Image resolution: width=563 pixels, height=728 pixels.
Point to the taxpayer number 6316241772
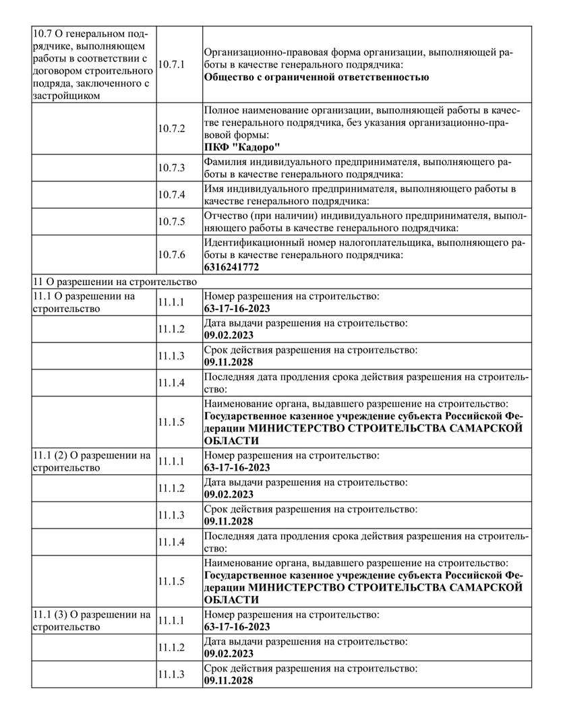pyautogui.click(x=231, y=267)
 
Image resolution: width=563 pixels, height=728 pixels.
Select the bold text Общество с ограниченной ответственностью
pyautogui.click(x=316, y=77)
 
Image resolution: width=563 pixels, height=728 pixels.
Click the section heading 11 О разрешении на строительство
pyautogui.click(x=114, y=282)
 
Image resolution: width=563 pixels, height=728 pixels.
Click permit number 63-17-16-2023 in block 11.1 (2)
pyautogui.click(x=237, y=468)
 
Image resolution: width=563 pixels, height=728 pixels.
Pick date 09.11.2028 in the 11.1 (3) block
pyautogui.click(x=228, y=681)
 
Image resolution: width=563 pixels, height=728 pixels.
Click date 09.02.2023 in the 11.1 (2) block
pyautogui.click(x=228, y=494)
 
